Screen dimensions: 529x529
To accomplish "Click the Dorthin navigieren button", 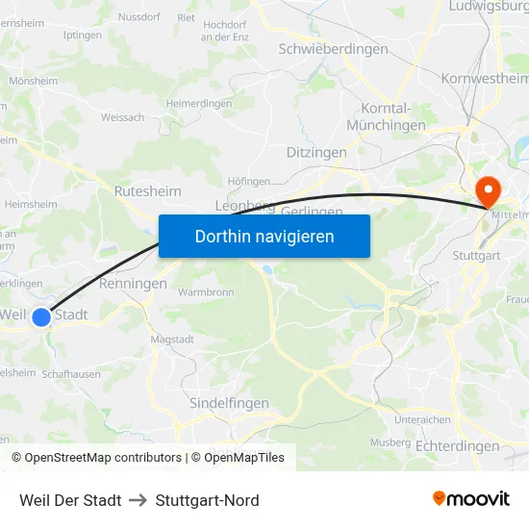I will (264, 236).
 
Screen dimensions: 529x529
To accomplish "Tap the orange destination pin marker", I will (488, 191).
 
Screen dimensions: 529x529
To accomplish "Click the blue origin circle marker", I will (41, 316).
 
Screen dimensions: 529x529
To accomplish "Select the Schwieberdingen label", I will (333, 49).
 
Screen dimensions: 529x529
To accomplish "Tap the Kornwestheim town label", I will (485, 79).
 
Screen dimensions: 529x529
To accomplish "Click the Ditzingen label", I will (316, 153).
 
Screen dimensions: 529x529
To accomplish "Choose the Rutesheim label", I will (147, 191).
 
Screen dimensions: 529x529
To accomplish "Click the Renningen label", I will (133, 285).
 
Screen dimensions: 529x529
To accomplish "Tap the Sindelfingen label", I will (230, 403).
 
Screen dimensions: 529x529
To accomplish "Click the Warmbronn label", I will (207, 290).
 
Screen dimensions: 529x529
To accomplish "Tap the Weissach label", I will (122, 117).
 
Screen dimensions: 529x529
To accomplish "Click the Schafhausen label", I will (72, 374).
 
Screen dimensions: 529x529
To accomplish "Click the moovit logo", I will (471, 499).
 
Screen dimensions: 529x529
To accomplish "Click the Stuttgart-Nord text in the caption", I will (207, 500).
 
